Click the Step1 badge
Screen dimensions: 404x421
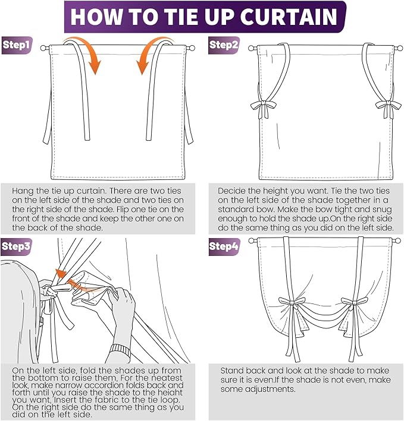click(17, 45)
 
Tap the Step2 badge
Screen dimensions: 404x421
click(224, 45)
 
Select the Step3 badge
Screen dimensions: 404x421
click(17, 247)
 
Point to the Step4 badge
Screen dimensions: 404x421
click(224, 247)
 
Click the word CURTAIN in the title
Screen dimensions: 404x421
click(288, 17)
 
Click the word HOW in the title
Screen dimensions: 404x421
click(96, 17)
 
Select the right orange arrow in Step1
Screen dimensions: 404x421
click(154, 55)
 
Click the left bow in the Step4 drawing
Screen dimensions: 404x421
click(291, 303)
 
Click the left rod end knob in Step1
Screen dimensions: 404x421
click(43, 48)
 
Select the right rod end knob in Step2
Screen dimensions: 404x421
click(400, 48)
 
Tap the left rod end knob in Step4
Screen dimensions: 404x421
click(252, 240)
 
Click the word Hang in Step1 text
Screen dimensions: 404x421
click(23, 191)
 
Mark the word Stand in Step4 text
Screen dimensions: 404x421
click(232, 371)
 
